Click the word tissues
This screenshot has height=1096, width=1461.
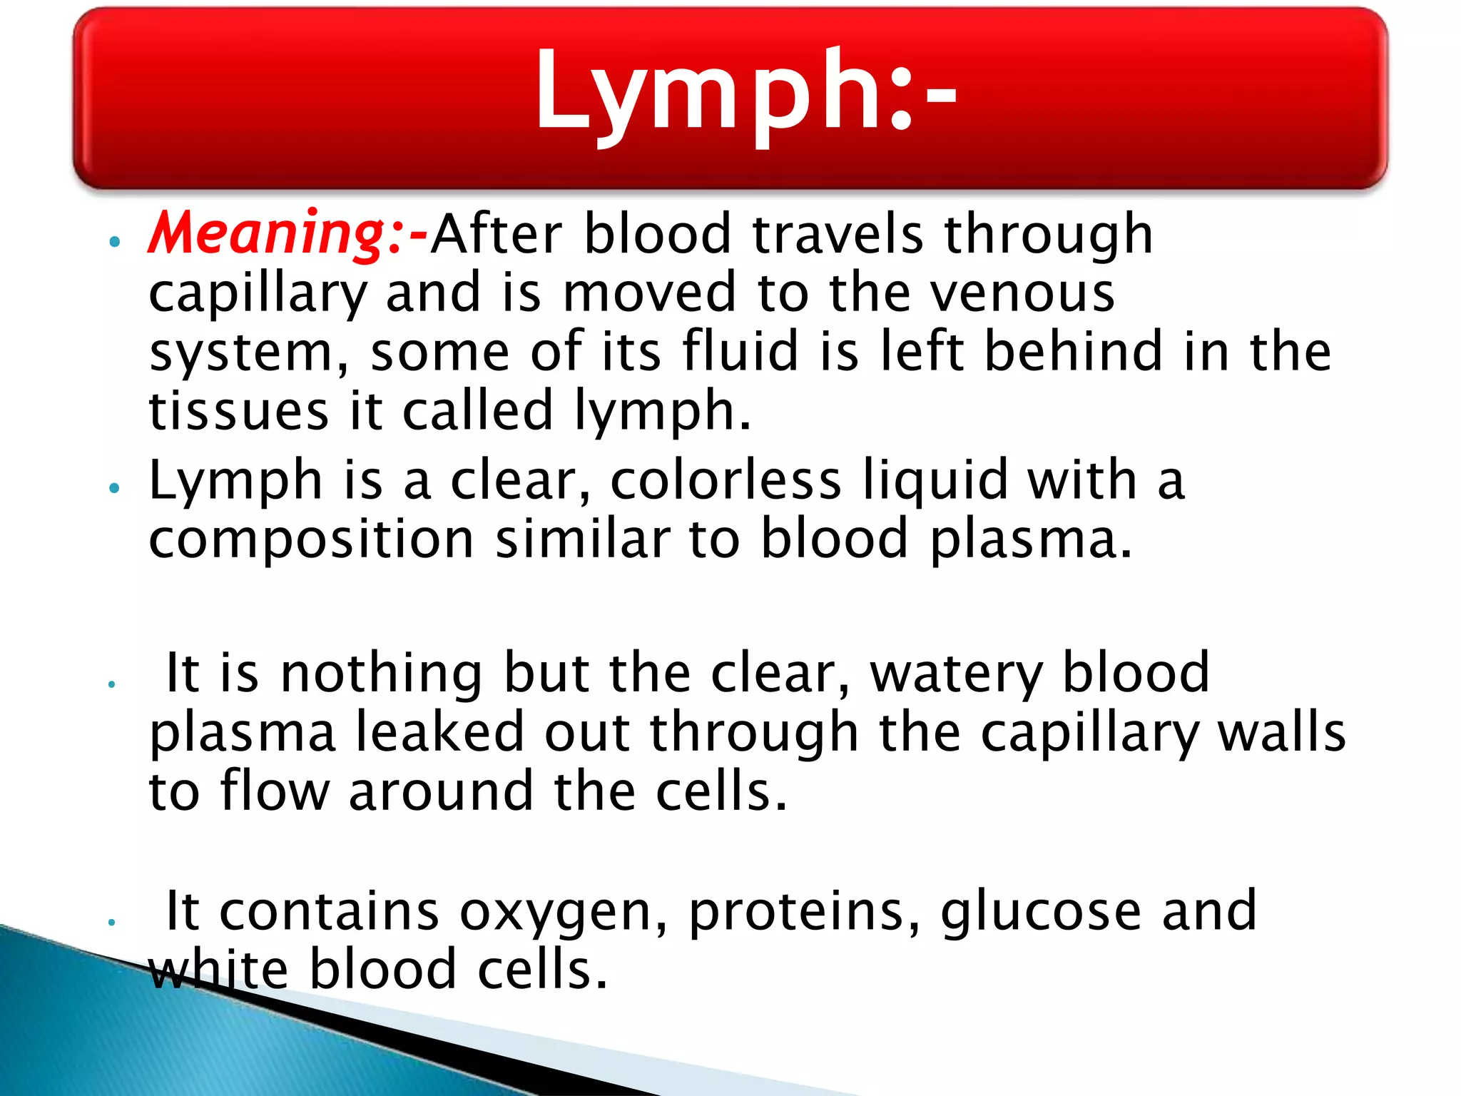(238, 411)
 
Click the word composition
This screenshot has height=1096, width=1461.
(311, 539)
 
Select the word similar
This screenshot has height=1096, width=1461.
(582, 539)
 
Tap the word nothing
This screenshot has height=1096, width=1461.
(382, 673)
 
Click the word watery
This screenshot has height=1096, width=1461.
(955, 673)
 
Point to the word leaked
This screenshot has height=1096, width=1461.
(439, 733)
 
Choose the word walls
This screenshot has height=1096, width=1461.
(1281, 733)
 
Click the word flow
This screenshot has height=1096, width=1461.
(275, 792)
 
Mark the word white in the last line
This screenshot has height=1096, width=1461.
(218, 970)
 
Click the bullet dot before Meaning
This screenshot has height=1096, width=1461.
(113, 242)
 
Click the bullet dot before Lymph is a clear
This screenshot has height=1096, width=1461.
(113, 488)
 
